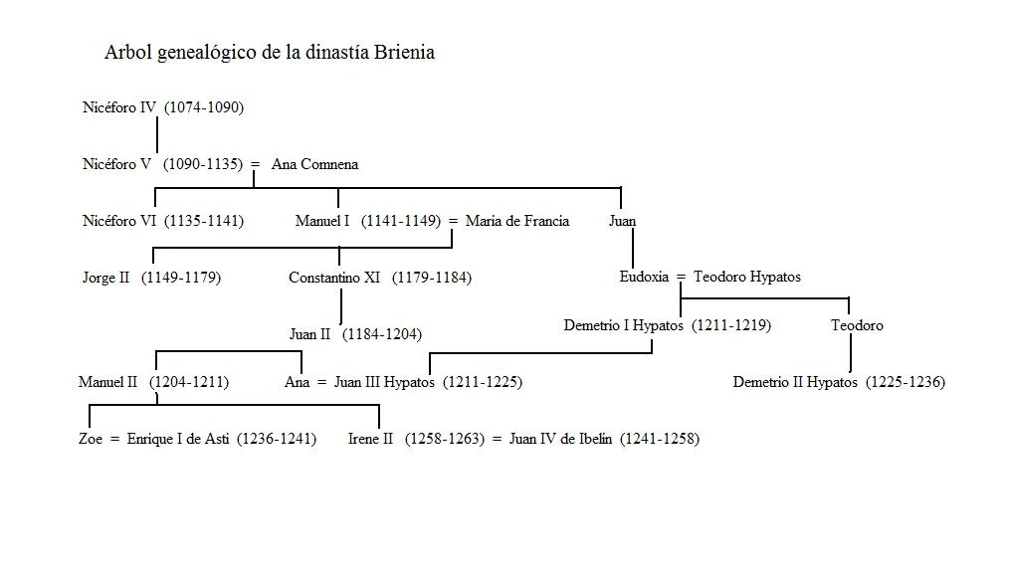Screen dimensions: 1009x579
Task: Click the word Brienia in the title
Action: tap(401, 53)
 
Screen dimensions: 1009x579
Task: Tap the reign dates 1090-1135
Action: tap(203, 164)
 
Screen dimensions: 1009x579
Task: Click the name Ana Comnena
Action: tap(314, 164)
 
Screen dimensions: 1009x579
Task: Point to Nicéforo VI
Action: tap(120, 221)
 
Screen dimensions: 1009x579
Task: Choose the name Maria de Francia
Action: tap(517, 221)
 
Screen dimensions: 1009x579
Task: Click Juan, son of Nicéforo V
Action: tap(622, 221)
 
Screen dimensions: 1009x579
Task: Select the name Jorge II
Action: tap(106, 278)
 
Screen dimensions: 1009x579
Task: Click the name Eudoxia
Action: tap(644, 277)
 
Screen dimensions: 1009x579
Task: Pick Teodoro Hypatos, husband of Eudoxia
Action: tap(746, 277)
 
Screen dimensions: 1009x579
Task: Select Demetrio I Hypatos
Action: tap(623, 325)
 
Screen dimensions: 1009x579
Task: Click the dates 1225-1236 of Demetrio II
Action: tap(905, 382)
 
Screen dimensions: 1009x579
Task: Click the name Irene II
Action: tap(371, 439)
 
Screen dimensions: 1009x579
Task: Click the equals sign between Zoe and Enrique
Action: tap(115, 439)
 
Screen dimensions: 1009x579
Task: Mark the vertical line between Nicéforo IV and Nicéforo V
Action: tap(157, 135)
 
